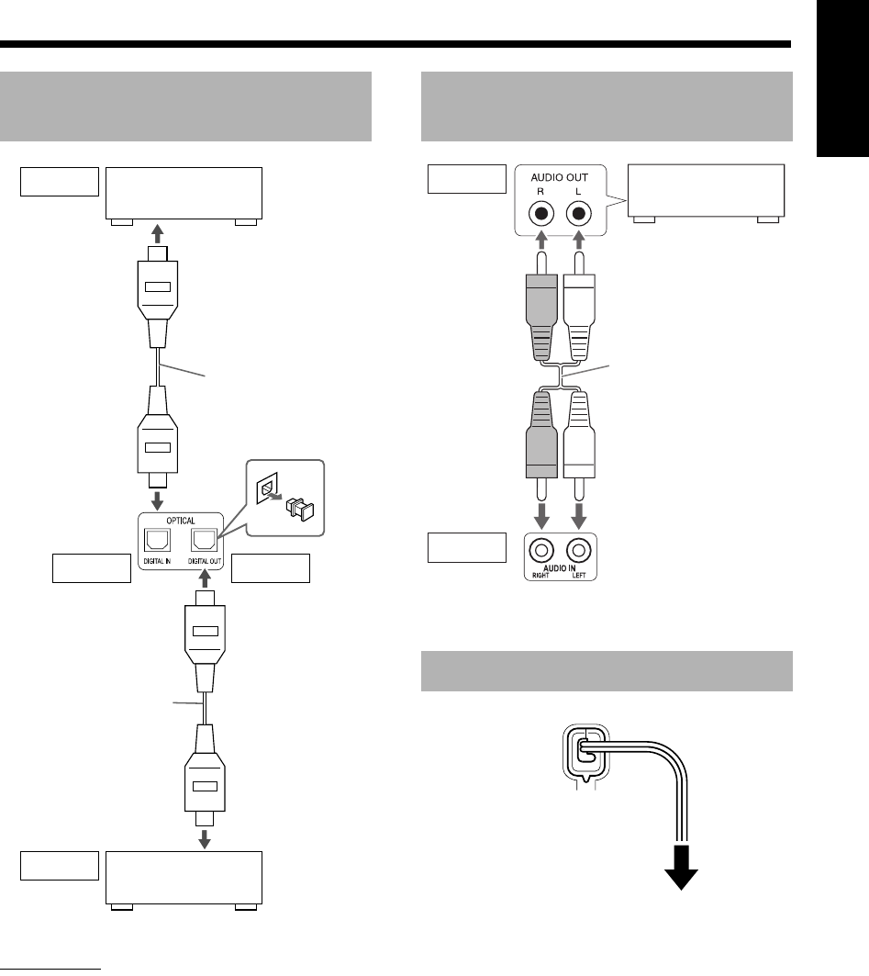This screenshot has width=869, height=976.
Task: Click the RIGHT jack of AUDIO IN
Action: coord(542,552)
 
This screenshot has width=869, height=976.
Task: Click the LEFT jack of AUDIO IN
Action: coord(577,552)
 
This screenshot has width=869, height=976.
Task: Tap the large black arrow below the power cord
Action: coord(682,877)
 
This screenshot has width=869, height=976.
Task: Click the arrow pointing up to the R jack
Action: coord(542,241)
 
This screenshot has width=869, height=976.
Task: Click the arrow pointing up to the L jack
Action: coord(577,241)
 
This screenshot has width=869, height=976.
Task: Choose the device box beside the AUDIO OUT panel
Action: coord(705,191)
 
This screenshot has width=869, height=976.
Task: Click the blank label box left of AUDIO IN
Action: coord(467,548)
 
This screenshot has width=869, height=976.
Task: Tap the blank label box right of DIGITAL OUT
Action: coord(272,569)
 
